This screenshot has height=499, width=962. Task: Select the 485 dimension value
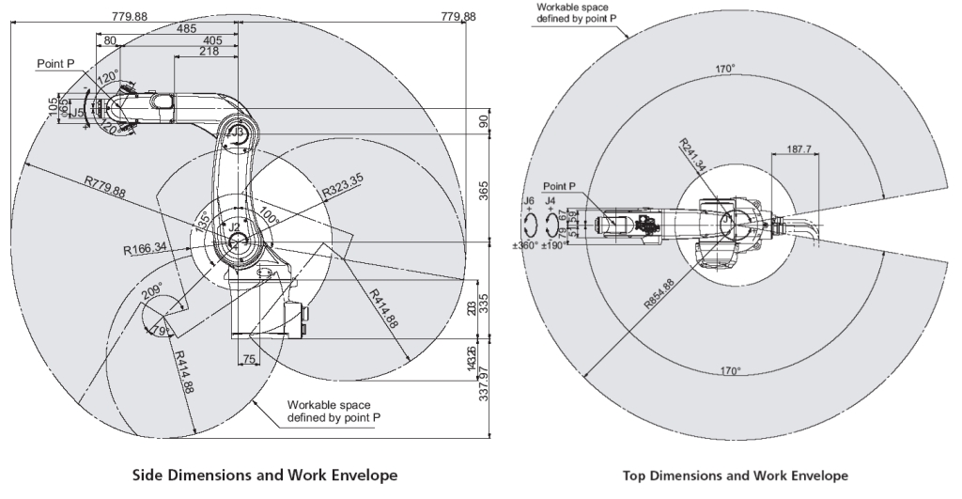pos(186,28)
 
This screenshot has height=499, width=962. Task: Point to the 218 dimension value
pos(210,53)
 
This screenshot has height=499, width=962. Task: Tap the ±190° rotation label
pos(555,245)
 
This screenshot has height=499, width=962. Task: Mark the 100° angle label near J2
pos(270,211)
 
